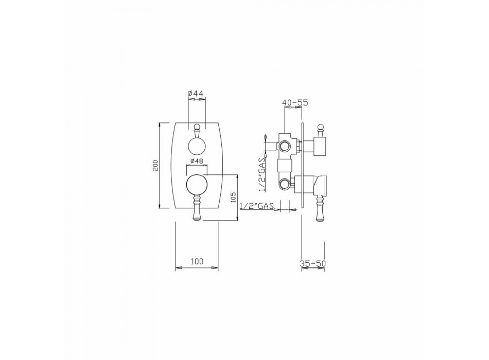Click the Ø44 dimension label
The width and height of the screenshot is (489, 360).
click(195, 93)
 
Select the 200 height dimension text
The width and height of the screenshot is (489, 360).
click(156, 166)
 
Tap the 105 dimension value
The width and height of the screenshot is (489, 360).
click(234, 197)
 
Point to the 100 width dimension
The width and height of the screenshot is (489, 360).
click(197, 261)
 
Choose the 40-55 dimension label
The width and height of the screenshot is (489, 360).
click(295, 102)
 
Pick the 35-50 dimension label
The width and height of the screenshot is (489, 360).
click(313, 263)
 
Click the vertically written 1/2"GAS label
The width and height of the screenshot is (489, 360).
click(261, 174)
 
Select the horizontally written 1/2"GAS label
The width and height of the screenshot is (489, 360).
click(257, 206)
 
